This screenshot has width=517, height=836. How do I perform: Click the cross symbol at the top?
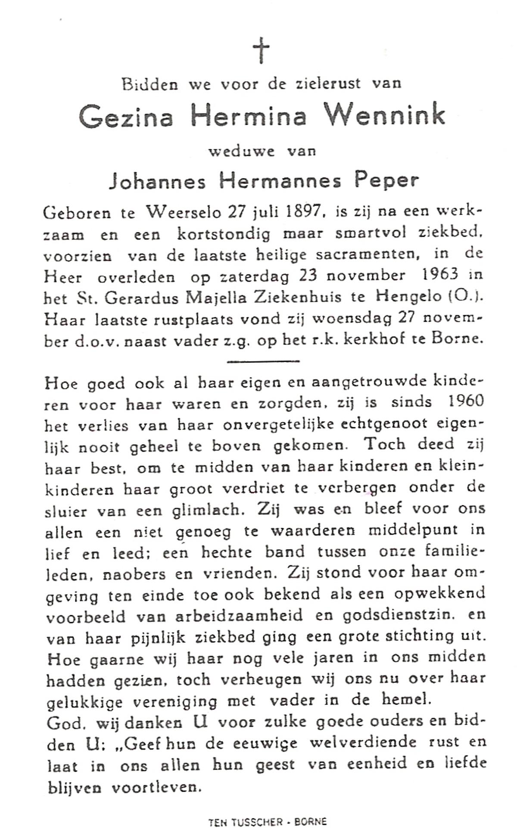pyautogui.click(x=261, y=50)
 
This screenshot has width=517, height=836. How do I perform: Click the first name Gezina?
pyautogui.click(x=125, y=116)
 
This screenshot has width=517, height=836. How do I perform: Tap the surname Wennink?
pyautogui.click(x=384, y=115)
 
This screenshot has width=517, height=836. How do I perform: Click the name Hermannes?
pyautogui.click(x=280, y=181)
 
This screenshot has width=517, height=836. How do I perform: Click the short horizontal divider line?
pyautogui.click(x=263, y=361)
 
